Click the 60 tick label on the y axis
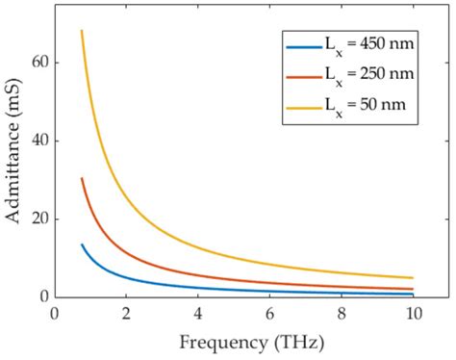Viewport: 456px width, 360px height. pos(38,63)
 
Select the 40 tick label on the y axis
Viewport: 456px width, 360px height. pos(38,141)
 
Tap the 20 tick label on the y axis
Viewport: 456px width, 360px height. pos(38,219)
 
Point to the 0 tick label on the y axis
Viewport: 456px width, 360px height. pos(42,296)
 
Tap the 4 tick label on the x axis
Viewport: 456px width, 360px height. pos(197,314)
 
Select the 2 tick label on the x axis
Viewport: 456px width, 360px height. pos(125,314)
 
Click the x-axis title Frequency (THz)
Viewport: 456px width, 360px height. pos(251,343)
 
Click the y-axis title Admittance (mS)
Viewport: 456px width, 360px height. pos(13,154)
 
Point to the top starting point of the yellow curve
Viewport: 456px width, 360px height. pos(82,31)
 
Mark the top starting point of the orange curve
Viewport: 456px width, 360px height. pos(82,178)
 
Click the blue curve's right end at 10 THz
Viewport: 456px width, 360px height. pos(413,295)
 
